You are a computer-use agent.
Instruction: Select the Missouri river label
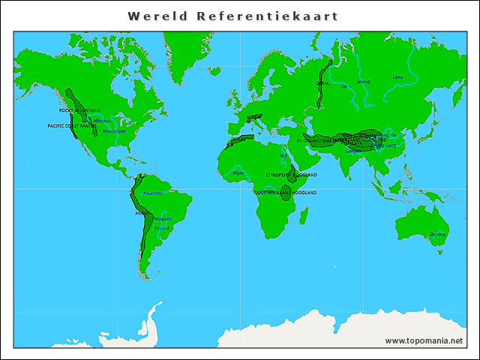pos(103,120)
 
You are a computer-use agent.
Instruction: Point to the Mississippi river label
pos(114,130)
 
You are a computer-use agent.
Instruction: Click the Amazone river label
pos(152,193)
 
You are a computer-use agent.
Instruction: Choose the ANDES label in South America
pos(141,213)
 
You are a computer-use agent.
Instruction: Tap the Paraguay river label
pos(162,219)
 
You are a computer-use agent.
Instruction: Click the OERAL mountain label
pos(322,83)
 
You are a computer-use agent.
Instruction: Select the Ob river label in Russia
pos(344,86)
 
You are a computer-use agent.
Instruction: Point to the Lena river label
pos(397,77)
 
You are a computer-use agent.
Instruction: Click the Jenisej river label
pos(363,80)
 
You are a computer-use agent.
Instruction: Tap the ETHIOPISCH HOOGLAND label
pos(291,175)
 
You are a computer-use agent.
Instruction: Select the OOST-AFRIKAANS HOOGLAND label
pos(285,193)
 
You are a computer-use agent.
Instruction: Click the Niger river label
pos(239,172)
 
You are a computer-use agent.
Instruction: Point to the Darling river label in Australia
pos(437,234)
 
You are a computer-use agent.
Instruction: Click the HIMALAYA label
pos(351,144)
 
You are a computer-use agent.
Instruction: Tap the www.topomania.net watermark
pos(424,340)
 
